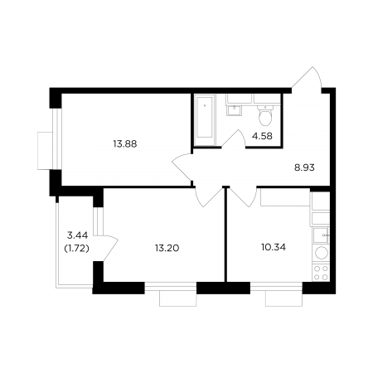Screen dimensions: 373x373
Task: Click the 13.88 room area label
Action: pyautogui.click(x=125, y=144)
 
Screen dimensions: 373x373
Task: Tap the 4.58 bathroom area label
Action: pyautogui.click(x=262, y=136)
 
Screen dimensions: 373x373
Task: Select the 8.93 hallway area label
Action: pyautogui.click(x=304, y=167)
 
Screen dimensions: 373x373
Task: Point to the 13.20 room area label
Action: pyautogui.click(x=167, y=248)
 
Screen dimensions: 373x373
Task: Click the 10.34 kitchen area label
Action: pyautogui.click(x=274, y=247)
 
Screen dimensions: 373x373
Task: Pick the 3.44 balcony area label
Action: pyautogui.click(x=78, y=235)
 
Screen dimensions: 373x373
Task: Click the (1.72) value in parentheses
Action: pyautogui.click(x=76, y=249)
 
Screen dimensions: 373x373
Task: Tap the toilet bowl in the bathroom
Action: pyautogui.click(x=265, y=115)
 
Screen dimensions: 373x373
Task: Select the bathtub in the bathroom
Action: pyautogui.click(x=205, y=119)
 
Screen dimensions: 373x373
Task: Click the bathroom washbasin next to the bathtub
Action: pyautogui.click(x=234, y=110)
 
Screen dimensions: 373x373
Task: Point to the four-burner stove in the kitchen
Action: pyautogui.click(x=321, y=273)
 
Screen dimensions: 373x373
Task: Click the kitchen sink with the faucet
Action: pyautogui.click(x=321, y=235)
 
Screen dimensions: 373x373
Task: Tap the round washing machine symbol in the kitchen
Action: pyautogui.click(x=322, y=253)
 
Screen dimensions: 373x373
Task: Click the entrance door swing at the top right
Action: pyautogui.click(x=308, y=77)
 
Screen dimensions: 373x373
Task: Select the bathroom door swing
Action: pyautogui.click(x=234, y=138)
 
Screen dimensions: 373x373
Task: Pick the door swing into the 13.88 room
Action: pyautogui.click(x=182, y=167)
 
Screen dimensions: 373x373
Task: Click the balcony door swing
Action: pyautogui.click(x=107, y=248)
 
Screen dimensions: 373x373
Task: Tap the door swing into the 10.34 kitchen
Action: pyautogui.click(x=243, y=197)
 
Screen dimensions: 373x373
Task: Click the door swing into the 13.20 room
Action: pyautogui.click(x=209, y=197)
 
